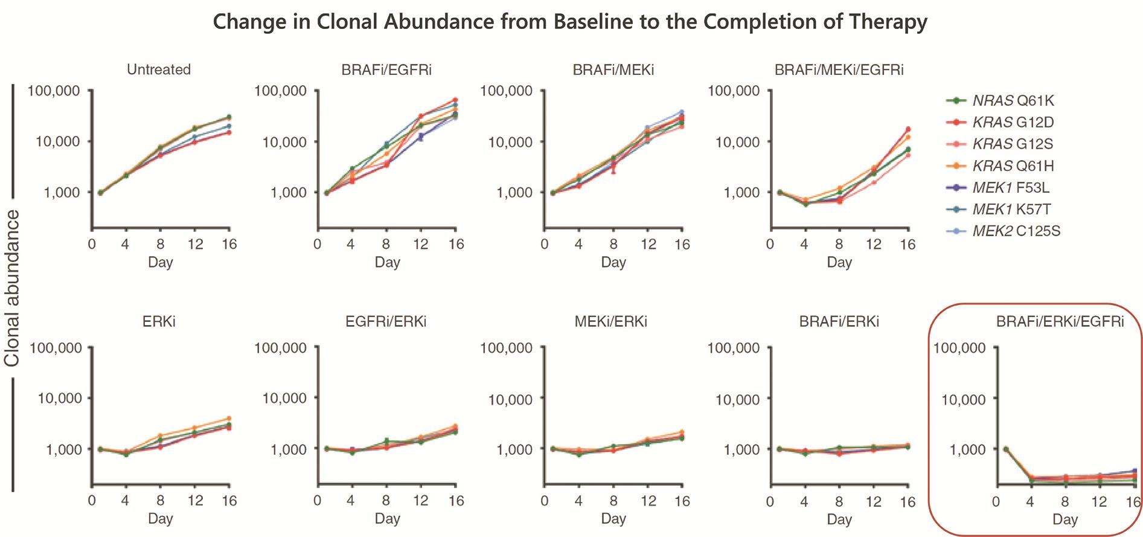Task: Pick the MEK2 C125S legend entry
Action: point(1016,231)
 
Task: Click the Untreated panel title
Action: point(159,69)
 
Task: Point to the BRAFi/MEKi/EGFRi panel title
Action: point(839,69)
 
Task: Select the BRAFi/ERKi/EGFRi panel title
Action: point(1060,321)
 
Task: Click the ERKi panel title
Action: point(159,321)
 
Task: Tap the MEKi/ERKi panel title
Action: point(612,321)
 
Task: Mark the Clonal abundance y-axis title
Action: point(12,288)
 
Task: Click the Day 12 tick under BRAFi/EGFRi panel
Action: point(420,244)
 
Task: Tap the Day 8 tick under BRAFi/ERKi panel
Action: point(839,501)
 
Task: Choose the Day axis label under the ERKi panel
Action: point(160,518)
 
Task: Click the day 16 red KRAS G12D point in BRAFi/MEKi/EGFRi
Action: point(908,129)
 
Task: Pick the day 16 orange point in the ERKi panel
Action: point(229,418)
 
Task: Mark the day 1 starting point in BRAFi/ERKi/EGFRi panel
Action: point(1005,449)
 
